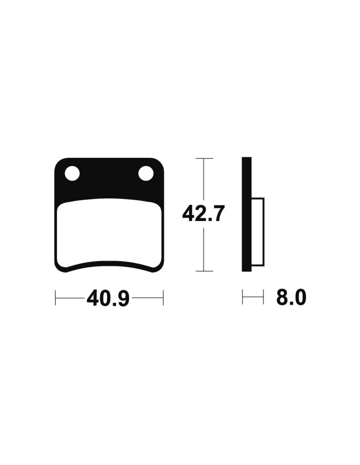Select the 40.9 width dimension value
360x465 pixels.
pyautogui.click(x=108, y=298)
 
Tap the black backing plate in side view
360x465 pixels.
pyautogui.click(x=246, y=215)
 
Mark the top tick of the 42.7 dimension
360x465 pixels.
pyautogui.click(x=204, y=158)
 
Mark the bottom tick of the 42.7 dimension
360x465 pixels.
pyautogui.click(x=204, y=271)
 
